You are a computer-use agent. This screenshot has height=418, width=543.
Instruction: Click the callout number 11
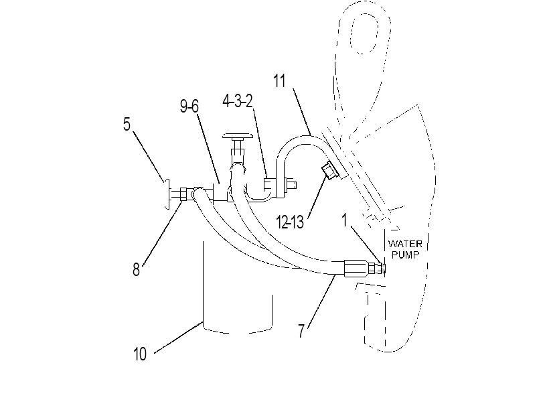coord(279,81)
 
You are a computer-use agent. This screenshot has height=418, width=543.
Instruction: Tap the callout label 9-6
coord(189,106)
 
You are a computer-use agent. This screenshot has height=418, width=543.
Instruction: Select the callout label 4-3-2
coord(238,101)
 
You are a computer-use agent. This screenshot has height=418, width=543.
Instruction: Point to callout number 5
coord(127,124)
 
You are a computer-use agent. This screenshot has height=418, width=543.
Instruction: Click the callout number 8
coord(136,269)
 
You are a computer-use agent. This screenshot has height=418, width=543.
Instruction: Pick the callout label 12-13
coord(290,222)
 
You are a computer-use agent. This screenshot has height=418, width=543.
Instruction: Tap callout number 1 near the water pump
coord(344,220)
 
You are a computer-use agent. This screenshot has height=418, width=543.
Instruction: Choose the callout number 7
coord(301,331)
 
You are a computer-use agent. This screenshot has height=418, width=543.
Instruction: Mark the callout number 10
coord(140,354)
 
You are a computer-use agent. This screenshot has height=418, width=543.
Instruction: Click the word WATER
coord(405,244)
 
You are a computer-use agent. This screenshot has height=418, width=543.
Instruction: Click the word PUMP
coord(406,255)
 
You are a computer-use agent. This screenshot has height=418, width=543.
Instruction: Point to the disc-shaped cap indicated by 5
coord(167,194)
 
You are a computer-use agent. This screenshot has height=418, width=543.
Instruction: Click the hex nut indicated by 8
coord(183,194)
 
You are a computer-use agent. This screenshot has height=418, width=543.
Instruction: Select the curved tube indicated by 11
coord(298,139)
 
